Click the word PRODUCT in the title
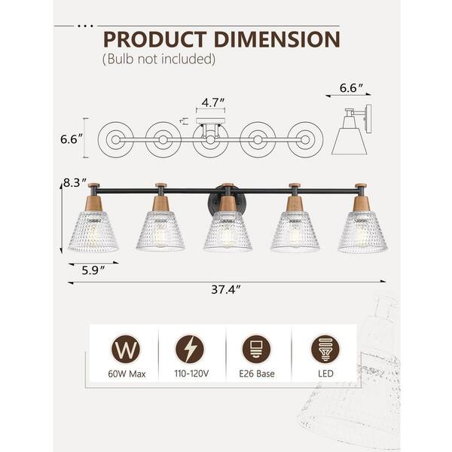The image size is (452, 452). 155,39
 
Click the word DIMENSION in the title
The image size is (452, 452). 277,39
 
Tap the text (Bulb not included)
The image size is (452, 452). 159,59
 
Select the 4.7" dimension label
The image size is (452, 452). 213,102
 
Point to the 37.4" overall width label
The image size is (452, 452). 226,289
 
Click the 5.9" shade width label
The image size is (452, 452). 93,270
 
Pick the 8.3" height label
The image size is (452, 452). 75,183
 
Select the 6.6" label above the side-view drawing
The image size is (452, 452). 351,88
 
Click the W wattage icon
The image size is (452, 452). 126,349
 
